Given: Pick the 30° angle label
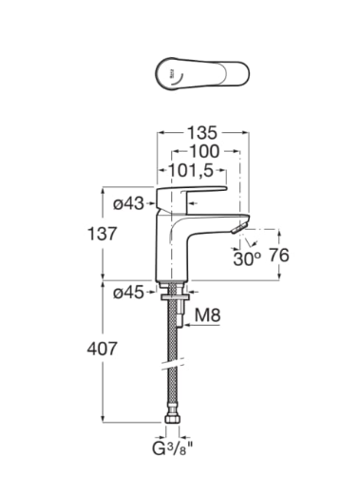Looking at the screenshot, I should (249, 257).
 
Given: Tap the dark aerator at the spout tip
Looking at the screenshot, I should (237, 228).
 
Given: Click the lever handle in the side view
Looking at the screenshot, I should (195, 195).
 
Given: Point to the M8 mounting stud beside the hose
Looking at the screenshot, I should (176, 309).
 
